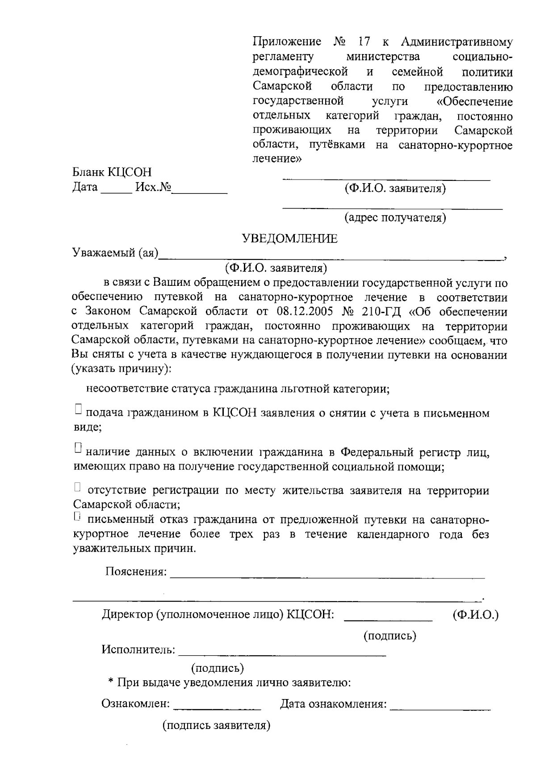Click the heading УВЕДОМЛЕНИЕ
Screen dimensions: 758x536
pyautogui.click(x=289, y=239)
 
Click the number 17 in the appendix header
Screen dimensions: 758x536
pyautogui.click(x=364, y=42)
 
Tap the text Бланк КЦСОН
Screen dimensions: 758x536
pyautogui.click(x=112, y=172)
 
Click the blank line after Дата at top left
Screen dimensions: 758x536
pyautogui.click(x=116, y=191)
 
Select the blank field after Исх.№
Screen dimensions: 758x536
pyautogui.click(x=200, y=191)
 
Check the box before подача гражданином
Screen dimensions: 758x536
pyautogui.click(x=78, y=409)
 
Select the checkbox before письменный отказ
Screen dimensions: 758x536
pyautogui.click(x=78, y=516)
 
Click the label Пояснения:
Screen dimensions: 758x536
pyautogui.click(x=136, y=572)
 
